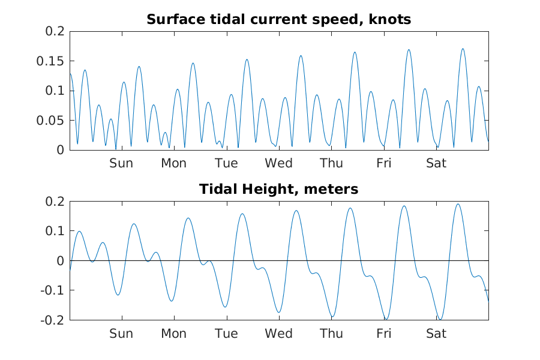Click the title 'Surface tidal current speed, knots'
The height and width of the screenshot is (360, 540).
(x=278, y=20)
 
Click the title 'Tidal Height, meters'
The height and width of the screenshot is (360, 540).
(x=278, y=190)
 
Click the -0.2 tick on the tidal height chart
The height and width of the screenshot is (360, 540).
(x=53, y=320)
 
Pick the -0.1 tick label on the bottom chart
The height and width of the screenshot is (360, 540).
(x=53, y=290)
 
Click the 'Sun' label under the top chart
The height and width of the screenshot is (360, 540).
(x=121, y=163)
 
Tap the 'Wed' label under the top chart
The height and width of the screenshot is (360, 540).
(x=279, y=163)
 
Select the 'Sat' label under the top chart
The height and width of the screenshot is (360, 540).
(x=436, y=163)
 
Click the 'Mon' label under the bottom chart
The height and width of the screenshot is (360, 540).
(x=173, y=334)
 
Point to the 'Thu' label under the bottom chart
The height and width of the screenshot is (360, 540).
(x=331, y=334)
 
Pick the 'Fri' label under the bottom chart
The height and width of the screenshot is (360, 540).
(x=384, y=334)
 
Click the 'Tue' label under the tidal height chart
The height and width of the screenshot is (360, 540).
(x=226, y=334)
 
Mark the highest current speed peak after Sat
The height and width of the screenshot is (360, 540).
(x=463, y=49)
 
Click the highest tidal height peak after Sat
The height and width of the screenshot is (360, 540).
(x=458, y=204)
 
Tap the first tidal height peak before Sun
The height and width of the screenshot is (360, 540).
(x=79, y=231)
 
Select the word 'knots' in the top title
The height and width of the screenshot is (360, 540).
(x=391, y=20)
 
